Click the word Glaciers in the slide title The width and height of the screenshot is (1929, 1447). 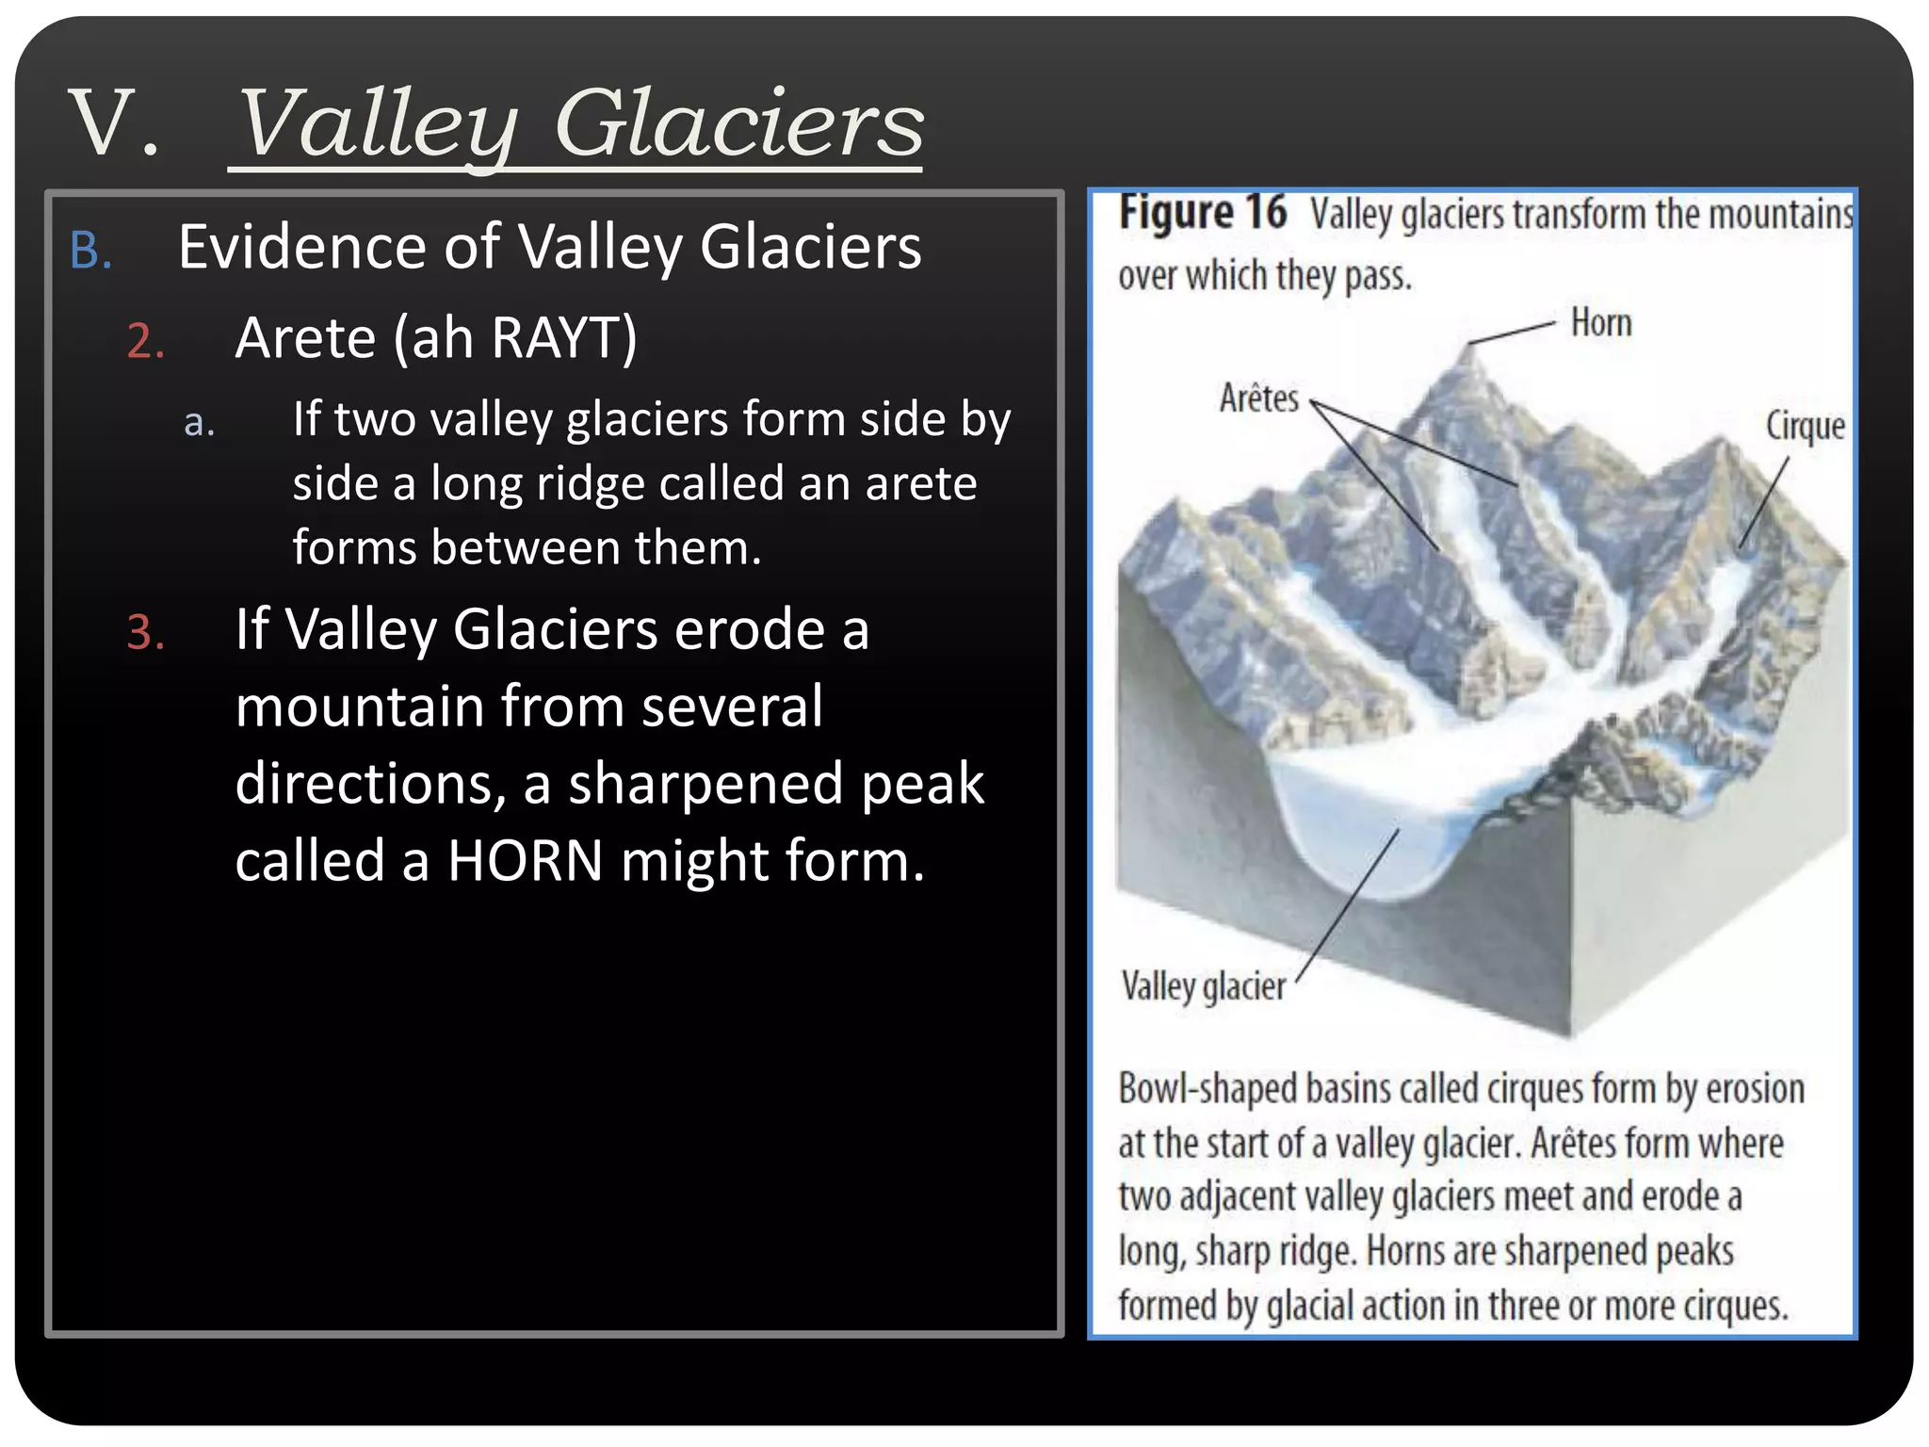click(x=739, y=122)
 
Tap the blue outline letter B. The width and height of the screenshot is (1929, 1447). click(x=90, y=252)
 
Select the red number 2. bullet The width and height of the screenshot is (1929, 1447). click(x=146, y=341)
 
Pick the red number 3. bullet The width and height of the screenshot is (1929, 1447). click(x=146, y=632)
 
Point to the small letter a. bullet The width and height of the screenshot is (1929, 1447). click(x=199, y=423)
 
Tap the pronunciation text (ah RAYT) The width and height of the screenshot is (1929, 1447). click(x=515, y=337)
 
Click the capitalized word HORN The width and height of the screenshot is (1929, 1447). click(x=525, y=860)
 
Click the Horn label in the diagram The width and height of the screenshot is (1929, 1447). click(x=1600, y=323)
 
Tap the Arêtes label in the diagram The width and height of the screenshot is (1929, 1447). click(x=1258, y=398)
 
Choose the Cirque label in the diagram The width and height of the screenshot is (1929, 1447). click(x=1805, y=426)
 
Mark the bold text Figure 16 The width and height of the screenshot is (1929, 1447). click(x=1202, y=213)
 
